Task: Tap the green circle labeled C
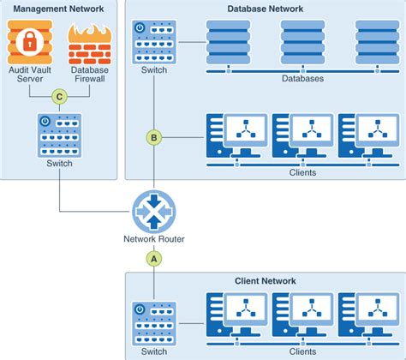(x=59, y=96)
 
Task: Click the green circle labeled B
(x=154, y=136)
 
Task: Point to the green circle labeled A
(x=154, y=257)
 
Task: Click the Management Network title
(x=59, y=9)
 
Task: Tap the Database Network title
(x=266, y=9)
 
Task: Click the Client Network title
(x=266, y=280)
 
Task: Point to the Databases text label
(x=302, y=79)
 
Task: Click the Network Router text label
(x=154, y=239)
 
